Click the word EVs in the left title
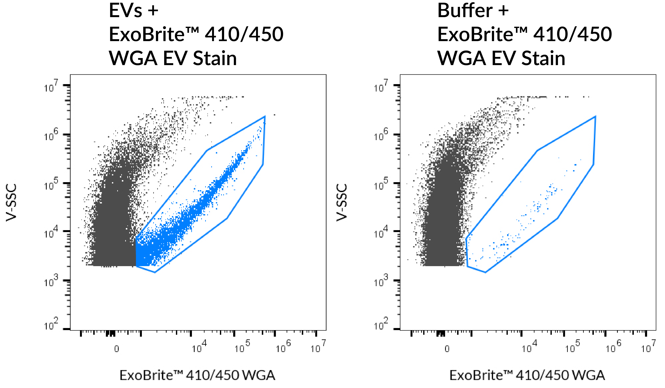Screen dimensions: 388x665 125,11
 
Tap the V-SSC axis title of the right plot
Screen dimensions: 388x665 342,203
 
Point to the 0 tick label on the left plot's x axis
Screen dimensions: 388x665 117,349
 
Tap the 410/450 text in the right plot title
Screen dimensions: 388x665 572,35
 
